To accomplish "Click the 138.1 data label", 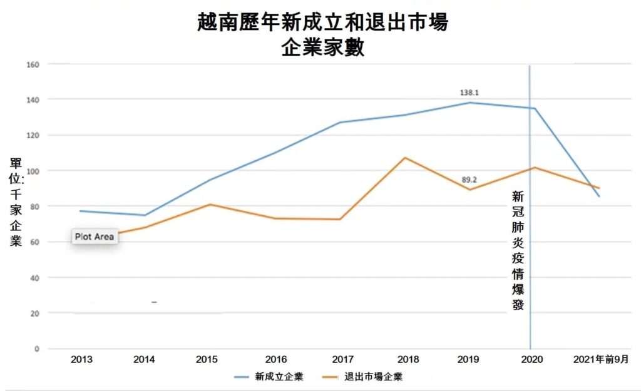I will tap(469, 93).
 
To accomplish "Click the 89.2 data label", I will tap(469, 180).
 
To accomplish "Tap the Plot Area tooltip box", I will tap(94, 237).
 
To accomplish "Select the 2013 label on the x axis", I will tap(82, 359).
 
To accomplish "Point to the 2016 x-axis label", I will tap(276, 359).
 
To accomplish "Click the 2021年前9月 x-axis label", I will tap(600, 359).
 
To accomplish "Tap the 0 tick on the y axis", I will tap(38, 348).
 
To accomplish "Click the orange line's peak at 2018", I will tap(405, 158).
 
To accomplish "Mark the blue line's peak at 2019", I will tap(469, 103).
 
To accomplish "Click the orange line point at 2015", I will tap(211, 205).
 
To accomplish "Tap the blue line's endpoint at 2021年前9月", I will tap(600, 196).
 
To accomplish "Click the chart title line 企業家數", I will tap(322, 48).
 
